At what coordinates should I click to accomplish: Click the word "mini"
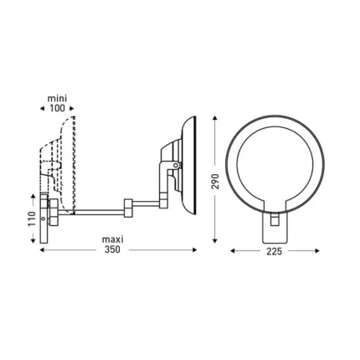(58, 98)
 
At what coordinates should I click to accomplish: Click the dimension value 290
(215, 181)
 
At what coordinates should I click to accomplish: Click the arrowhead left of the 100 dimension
(43, 108)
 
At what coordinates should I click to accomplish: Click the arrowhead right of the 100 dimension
(73, 108)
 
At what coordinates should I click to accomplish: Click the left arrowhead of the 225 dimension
(234, 249)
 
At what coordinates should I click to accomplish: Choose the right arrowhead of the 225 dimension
(316, 249)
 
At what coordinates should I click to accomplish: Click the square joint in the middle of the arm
(127, 204)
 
